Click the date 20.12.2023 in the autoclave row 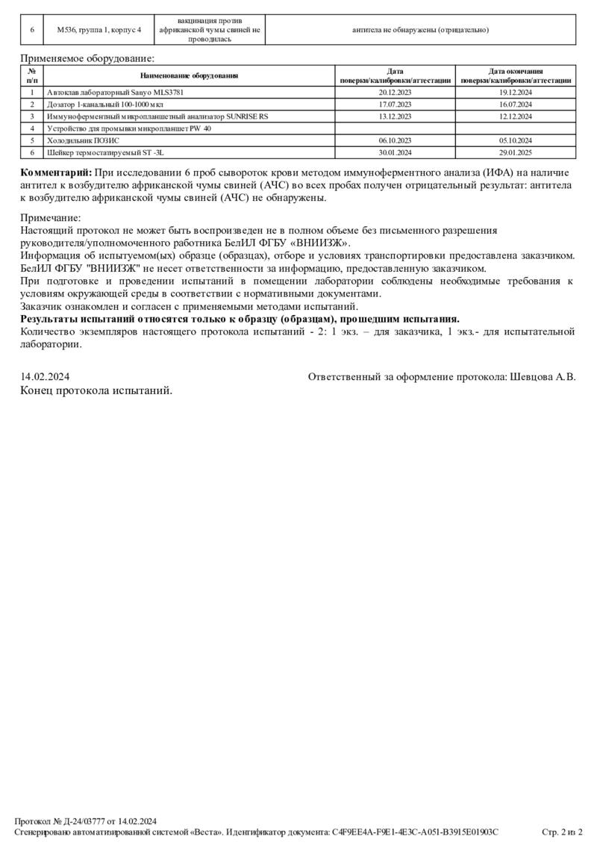pyautogui.click(x=396, y=93)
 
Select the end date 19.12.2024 pyautogui.click(x=516, y=93)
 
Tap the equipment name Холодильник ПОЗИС pyautogui.click(x=83, y=140)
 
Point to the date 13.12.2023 pyautogui.click(x=396, y=116)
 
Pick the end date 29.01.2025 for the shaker pyautogui.click(x=516, y=152)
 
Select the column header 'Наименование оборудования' pyautogui.click(x=189, y=75)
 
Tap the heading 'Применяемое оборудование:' pyautogui.click(x=88, y=57)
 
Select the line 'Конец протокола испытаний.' pyautogui.click(x=96, y=390)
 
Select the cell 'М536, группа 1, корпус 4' pyautogui.click(x=99, y=30)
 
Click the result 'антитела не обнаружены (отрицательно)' pyautogui.click(x=420, y=30)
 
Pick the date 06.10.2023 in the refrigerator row pyautogui.click(x=396, y=140)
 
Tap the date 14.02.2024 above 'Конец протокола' pyautogui.click(x=45, y=377)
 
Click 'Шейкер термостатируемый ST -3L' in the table pyautogui.click(x=105, y=152)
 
